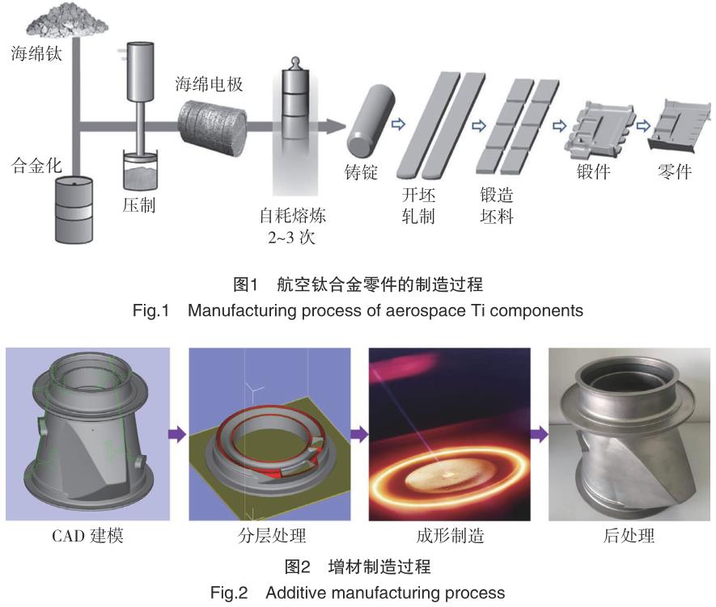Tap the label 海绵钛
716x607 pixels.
[x=36, y=53]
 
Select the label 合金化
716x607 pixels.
[x=36, y=165]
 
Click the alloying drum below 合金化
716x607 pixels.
[x=74, y=210]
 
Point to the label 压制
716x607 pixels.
[x=139, y=204]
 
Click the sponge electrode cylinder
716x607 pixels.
[x=212, y=129]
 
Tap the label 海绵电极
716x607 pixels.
[x=209, y=84]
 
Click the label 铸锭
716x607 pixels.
[x=361, y=172]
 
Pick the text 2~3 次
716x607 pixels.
[x=291, y=237]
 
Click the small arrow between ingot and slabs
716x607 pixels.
[x=398, y=124]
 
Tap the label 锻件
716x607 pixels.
[x=594, y=171]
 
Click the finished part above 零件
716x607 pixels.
[x=680, y=126]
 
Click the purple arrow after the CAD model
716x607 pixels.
[x=177, y=434]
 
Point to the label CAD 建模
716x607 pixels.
[x=87, y=535]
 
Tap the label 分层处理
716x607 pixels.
[x=272, y=535]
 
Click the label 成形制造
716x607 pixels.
[x=450, y=535]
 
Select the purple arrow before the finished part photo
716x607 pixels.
[x=540, y=434]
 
